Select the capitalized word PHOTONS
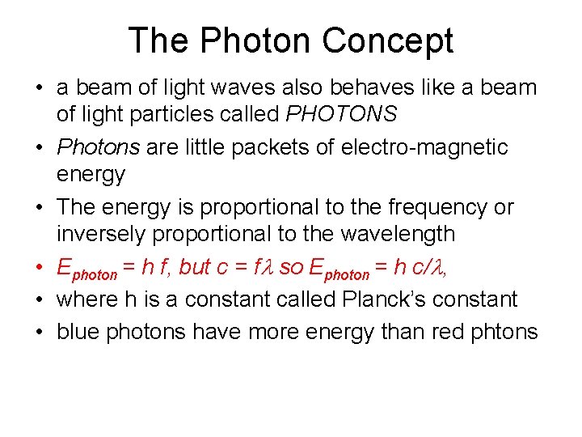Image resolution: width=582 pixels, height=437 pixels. coord(342,114)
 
